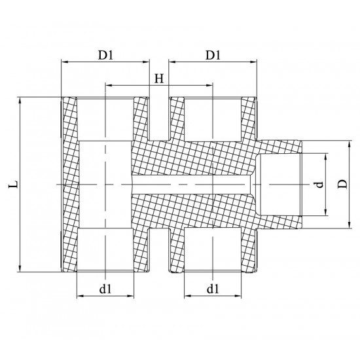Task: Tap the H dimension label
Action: tap(158, 79)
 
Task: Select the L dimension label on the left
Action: tap(13, 185)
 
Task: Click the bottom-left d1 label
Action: tap(105, 287)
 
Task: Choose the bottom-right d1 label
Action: tap(211, 287)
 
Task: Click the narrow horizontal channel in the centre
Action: tap(190, 185)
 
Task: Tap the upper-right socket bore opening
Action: tap(211, 118)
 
